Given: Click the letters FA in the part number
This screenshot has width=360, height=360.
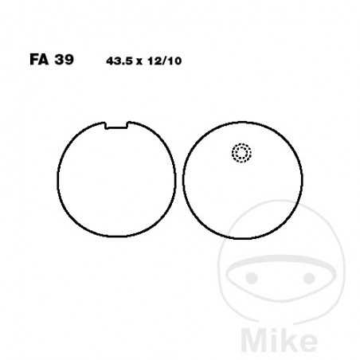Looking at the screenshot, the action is coord(39,60).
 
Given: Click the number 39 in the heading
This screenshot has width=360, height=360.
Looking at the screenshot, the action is coord(64,60).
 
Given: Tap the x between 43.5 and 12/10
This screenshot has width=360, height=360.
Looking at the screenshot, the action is coord(139,62).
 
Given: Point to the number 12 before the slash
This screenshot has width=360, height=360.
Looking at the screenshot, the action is coord(154,61).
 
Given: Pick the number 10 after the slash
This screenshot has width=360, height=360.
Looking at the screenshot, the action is coord(174,61).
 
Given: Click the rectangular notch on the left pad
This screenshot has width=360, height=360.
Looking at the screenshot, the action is coord(117,125).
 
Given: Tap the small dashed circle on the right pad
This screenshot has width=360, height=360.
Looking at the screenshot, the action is coord(241,153).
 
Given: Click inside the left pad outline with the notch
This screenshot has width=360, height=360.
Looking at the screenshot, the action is coord(116,183).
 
